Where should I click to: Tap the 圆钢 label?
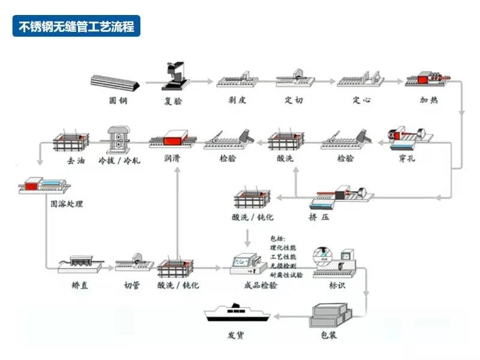(x=118, y=100)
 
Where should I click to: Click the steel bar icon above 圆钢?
(x=117, y=81)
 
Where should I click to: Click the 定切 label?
(x=294, y=100)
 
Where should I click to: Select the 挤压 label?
(x=319, y=217)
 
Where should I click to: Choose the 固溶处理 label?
(x=66, y=204)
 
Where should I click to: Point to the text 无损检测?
(x=286, y=265)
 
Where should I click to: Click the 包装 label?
(x=327, y=334)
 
